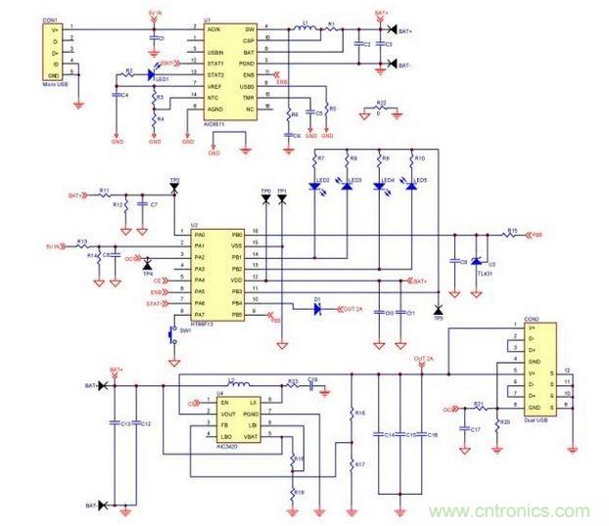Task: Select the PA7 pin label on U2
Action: (200, 314)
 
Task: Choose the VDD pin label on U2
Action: (236, 280)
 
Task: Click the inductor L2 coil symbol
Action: (237, 381)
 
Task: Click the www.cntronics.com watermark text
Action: (508, 510)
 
